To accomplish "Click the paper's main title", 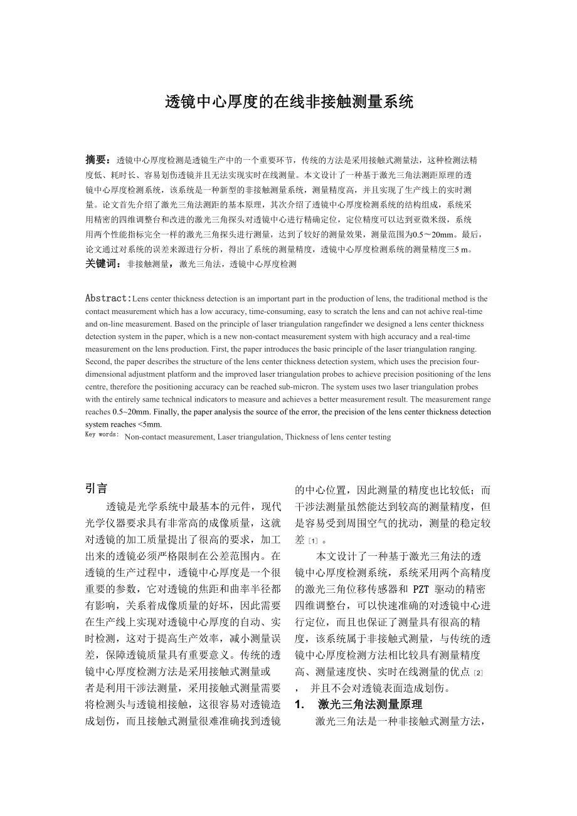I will (289, 102).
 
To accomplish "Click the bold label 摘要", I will (97, 160).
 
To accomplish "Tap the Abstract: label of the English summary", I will (109, 298).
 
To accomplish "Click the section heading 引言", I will (97, 488).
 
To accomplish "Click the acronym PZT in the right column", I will (420, 590).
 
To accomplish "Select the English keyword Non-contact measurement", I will (168, 437).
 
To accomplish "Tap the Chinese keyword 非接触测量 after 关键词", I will (148, 264).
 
